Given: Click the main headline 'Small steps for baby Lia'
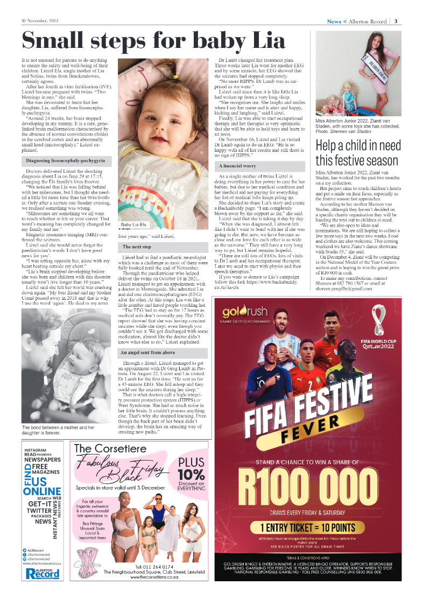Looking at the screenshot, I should [x=153, y=41].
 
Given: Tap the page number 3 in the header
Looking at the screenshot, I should [x=396, y=22].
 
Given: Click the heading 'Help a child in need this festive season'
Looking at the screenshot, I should [x=358, y=153].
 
